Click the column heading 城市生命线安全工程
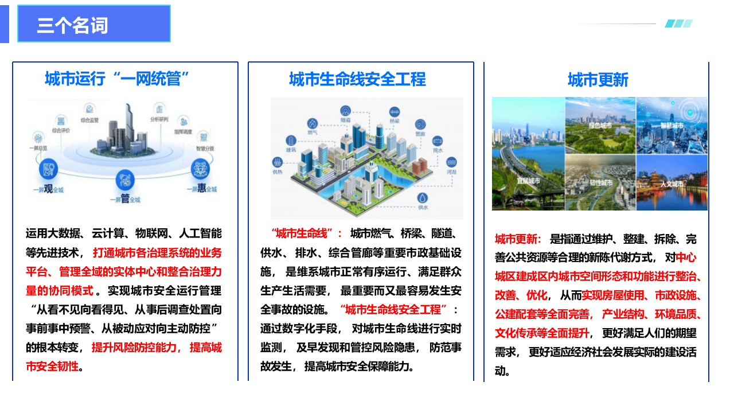pos(357,79)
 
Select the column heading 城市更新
pos(598,79)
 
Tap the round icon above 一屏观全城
pos(48,169)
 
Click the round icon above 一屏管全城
pos(124,180)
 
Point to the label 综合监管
pos(89,120)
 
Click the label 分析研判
pos(159,119)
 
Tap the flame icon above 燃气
pos(313,123)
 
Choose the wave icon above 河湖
pos(452,162)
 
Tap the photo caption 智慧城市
pos(671,125)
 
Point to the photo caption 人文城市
pos(671,184)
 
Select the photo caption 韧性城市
pos(600,183)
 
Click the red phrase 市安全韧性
pos(52,366)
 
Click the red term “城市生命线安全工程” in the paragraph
pos(393,310)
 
